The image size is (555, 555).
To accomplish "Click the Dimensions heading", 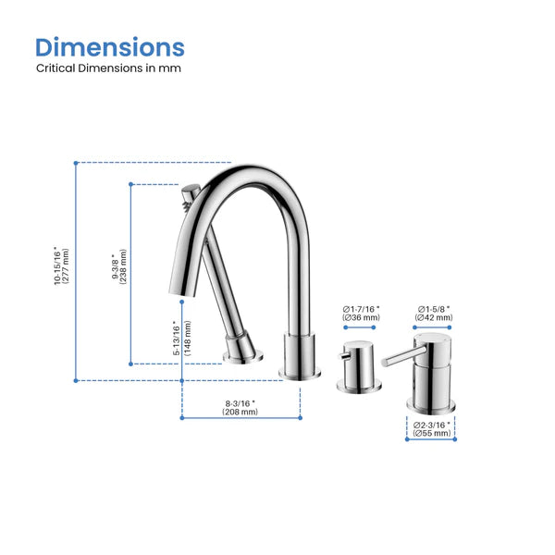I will coord(110,47).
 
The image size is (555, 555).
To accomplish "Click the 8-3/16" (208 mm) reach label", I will coord(240,407).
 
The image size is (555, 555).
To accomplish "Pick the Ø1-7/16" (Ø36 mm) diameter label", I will coord(361,313).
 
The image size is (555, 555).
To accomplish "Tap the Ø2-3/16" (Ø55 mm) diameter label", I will coord(432,429).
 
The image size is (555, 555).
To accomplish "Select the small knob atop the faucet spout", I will coord(190,195).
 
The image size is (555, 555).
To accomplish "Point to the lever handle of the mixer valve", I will coord(399,355).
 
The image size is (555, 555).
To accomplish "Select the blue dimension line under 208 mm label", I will coord(240,417).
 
